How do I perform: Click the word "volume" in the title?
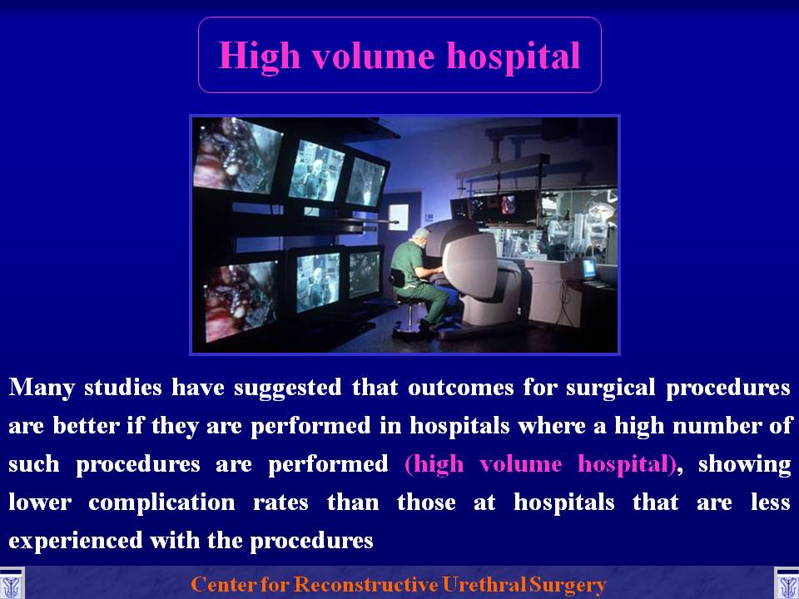click(x=373, y=56)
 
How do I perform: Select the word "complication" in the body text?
click(x=161, y=503)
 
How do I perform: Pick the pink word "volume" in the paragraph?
click(x=520, y=464)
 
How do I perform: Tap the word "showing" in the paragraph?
click(x=744, y=465)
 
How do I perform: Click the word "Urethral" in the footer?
click(x=484, y=584)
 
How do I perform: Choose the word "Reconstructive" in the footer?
click(x=365, y=584)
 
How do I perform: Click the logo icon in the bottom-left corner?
click(x=11, y=584)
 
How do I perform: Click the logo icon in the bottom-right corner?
click(x=787, y=584)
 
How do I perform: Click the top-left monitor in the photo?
click(x=236, y=156)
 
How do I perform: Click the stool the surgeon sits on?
click(x=410, y=317)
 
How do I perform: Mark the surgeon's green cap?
click(x=421, y=233)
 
